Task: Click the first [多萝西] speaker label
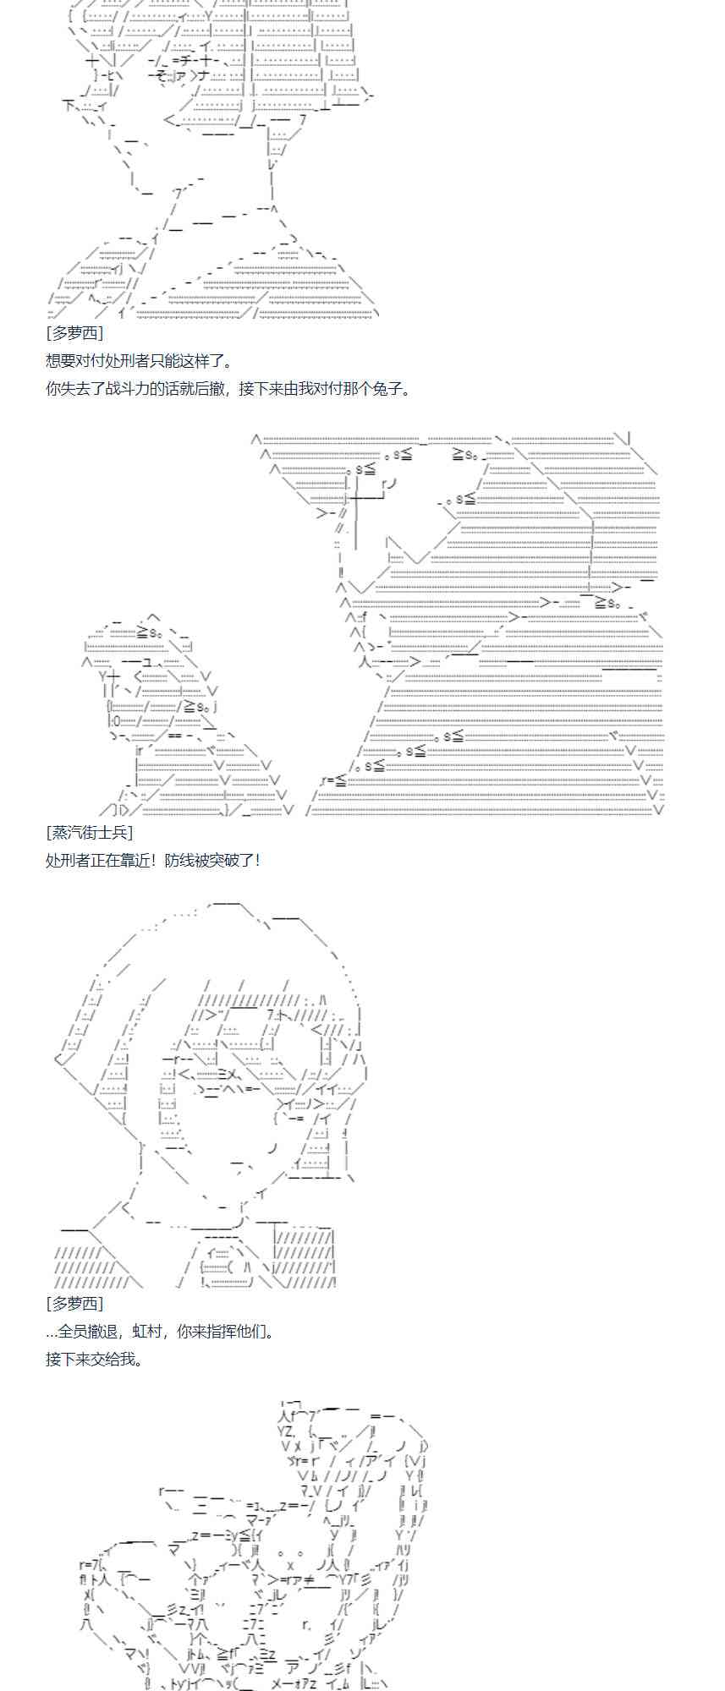point(74,333)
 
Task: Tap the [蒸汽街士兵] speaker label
point(89,832)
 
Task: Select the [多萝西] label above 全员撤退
point(74,1304)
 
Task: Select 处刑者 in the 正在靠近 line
point(68,860)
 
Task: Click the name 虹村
point(150,1332)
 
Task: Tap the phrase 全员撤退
point(89,1332)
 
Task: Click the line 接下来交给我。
point(94,1360)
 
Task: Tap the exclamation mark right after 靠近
point(157,860)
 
